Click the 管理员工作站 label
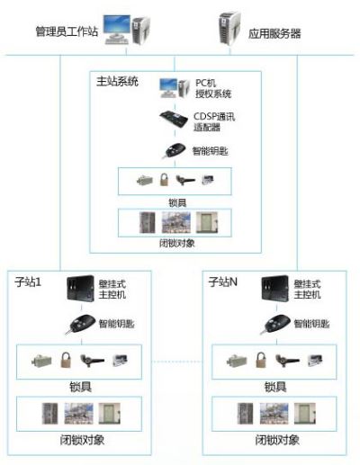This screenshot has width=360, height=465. point(67,31)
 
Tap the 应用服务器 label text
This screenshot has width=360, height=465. point(274,33)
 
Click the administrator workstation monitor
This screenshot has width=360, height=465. point(117,25)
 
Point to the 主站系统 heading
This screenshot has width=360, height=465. point(117,81)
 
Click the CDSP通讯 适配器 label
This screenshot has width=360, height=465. point(214,121)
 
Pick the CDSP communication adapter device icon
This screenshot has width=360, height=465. point(174,119)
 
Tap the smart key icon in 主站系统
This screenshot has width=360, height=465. point(175,150)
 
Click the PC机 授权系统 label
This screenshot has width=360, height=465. point(213,88)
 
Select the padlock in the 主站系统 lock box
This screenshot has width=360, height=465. point(164,180)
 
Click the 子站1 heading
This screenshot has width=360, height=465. point(28,282)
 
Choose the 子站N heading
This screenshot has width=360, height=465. point(223,282)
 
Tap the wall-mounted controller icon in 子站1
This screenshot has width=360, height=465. point(80,288)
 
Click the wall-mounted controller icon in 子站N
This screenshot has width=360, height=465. point(274,288)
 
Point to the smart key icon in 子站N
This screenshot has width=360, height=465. point(275,325)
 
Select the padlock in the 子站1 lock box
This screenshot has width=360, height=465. point(66,360)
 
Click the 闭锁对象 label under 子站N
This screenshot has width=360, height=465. point(277,440)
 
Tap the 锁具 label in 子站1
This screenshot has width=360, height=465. point(80,387)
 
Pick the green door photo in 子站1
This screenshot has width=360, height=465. point(110,414)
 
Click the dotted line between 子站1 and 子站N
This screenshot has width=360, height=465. point(177,362)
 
